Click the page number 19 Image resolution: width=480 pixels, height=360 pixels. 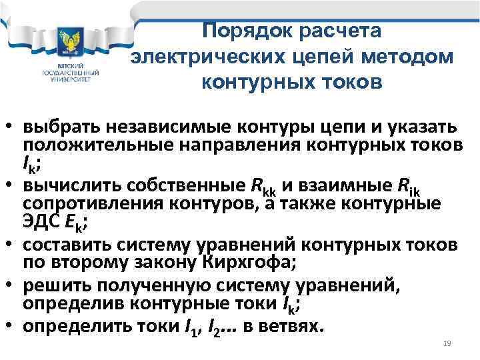[447, 343]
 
